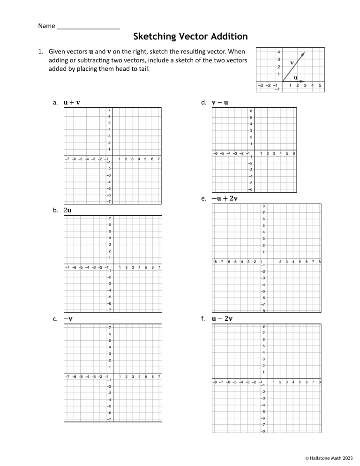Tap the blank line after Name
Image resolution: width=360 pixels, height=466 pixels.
tap(88, 25)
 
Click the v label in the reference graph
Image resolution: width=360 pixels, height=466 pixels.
tap(292, 62)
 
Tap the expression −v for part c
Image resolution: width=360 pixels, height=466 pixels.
tap(68, 319)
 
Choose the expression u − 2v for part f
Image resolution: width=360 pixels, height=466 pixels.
tap(222, 319)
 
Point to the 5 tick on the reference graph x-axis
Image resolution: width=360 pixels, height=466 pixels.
tap(320, 86)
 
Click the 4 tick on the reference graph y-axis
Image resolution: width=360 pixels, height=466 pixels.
tap(278, 52)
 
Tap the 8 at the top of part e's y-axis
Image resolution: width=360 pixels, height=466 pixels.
tap(264, 206)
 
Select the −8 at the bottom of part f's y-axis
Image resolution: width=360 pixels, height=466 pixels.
tap(263, 431)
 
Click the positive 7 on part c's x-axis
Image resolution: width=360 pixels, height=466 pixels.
tap(160, 376)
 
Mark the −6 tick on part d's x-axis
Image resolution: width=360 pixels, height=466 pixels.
tap(215, 153)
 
